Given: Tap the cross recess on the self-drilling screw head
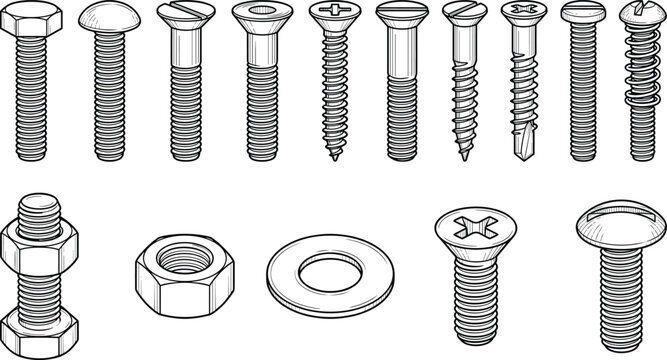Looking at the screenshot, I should coord(522,12).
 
